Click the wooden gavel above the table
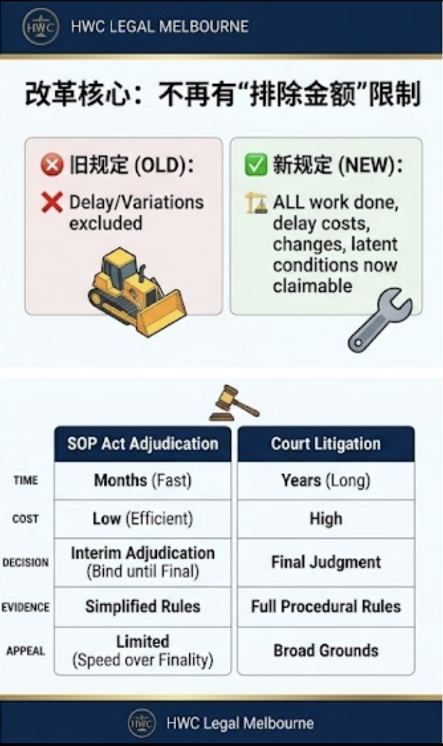coord(234,403)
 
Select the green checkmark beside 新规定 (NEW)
coord(256,164)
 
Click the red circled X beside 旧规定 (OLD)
coord(52,166)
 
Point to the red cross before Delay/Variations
coord(52,203)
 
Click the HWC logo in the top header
coord(41,27)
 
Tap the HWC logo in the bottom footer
coord(142,723)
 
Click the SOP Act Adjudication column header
coord(142,444)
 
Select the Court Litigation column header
coord(326,444)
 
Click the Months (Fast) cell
coord(142,480)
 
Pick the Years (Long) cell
coord(326,480)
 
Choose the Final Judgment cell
coord(326,562)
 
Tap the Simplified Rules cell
coord(142,606)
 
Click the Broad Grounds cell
coord(326,650)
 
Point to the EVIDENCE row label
coord(25,607)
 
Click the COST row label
coord(25,519)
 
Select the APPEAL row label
coord(25,651)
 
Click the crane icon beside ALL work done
coord(256,203)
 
